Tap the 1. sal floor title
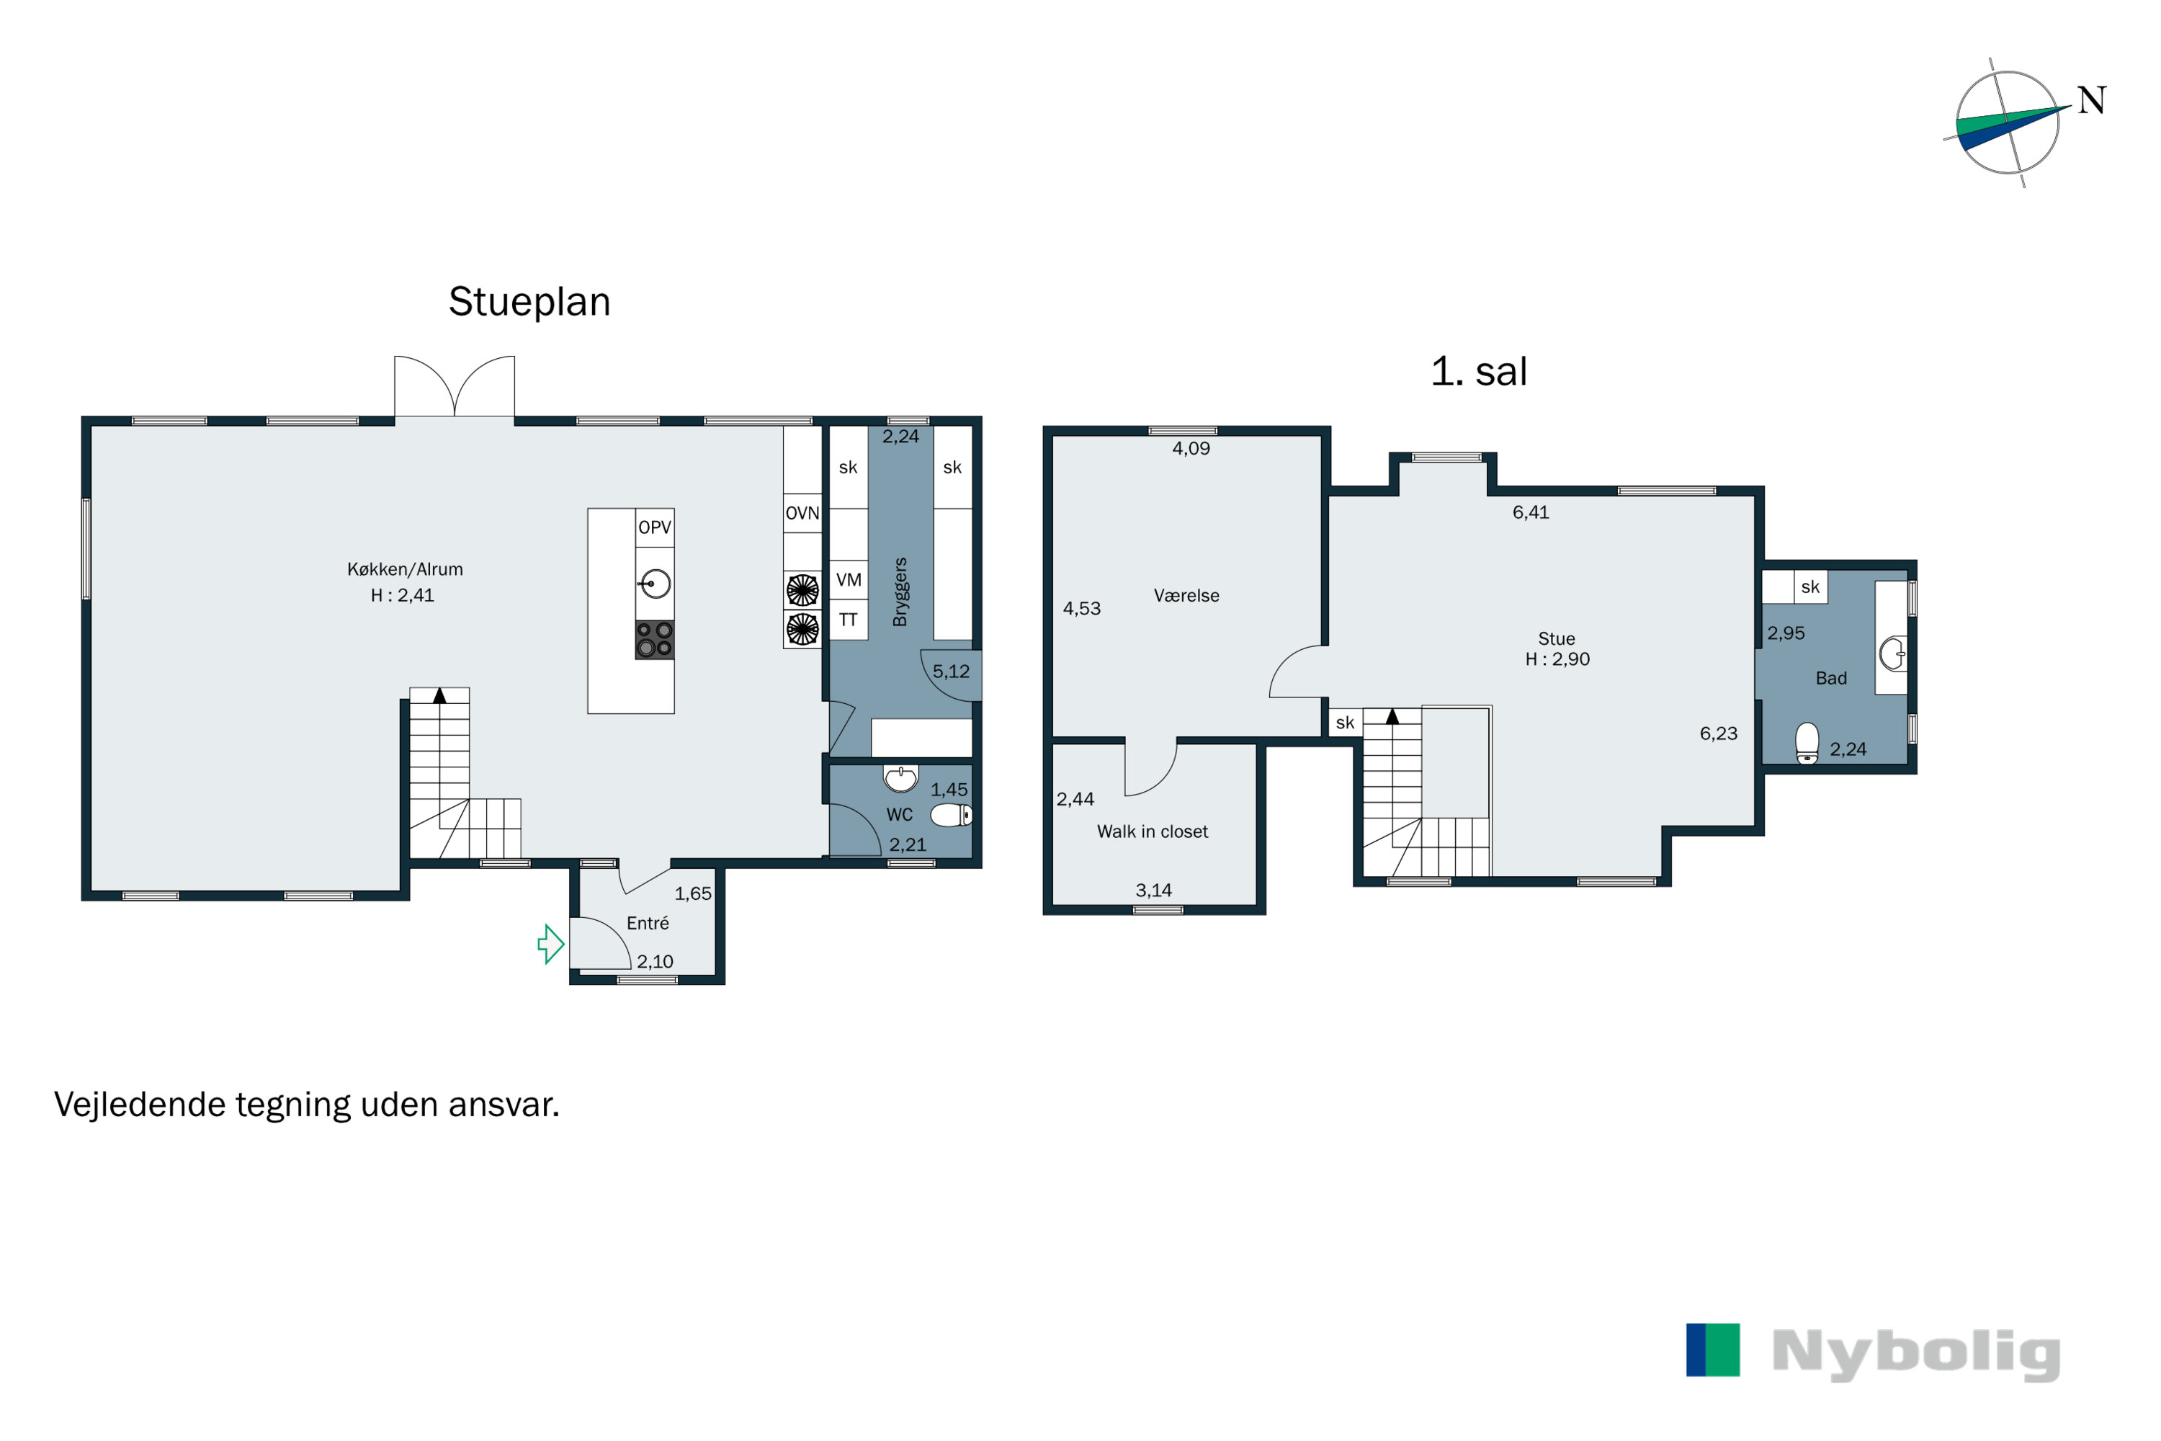pos(1478,371)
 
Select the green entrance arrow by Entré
pos(550,944)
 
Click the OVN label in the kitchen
pos(802,513)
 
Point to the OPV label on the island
pos(654,527)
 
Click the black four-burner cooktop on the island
pos(654,640)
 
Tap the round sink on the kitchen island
pos(655,584)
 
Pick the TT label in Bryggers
pos(848,620)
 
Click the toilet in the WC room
pos(951,815)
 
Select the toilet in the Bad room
pos(1807,744)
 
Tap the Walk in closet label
pos(1152,831)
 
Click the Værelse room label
pos(1186,596)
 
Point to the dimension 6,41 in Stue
pos(1531,513)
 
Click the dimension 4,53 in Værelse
pos(1081,608)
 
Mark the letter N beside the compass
pos(2092,100)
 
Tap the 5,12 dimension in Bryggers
pos(951,672)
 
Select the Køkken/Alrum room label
pos(405,570)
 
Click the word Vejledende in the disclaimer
pos(140,1105)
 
